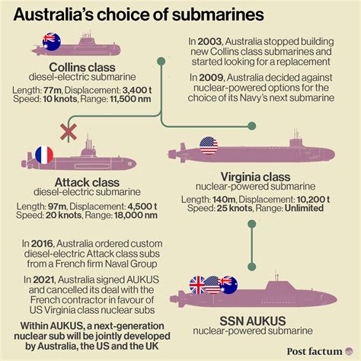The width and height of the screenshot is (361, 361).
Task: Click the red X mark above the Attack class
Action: pyautogui.click(x=69, y=132)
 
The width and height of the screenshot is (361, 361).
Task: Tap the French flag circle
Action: pyautogui.click(x=44, y=155)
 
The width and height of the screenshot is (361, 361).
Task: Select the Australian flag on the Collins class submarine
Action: pyautogui.click(x=52, y=42)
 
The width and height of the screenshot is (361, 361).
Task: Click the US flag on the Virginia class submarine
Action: pyautogui.click(x=209, y=145)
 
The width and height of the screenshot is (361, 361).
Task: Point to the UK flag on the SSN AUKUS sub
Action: pyautogui.click(x=198, y=285)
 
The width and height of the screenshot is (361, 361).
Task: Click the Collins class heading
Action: pyautogui.click(x=82, y=67)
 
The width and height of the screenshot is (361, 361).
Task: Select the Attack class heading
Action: pyautogui.click(x=87, y=182)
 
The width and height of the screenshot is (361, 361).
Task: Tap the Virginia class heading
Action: pyautogui.click(x=255, y=177)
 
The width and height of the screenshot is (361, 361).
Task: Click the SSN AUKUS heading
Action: pyautogui.click(x=253, y=321)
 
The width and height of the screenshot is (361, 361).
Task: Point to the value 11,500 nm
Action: pyautogui.click(x=130, y=99)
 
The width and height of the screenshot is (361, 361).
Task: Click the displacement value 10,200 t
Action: pyautogui.click(x=313, y=200)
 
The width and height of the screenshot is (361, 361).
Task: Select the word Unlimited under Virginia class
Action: pyautogui.click(x=304, y=208)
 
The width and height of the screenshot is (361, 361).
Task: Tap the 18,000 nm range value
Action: pyautogui.click(x=136, y=216)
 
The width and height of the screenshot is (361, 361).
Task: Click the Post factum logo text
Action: pyautogui.click(x=315, y=352)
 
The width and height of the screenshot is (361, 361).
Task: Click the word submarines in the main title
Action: pyautogui.click(x=218, y=14)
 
